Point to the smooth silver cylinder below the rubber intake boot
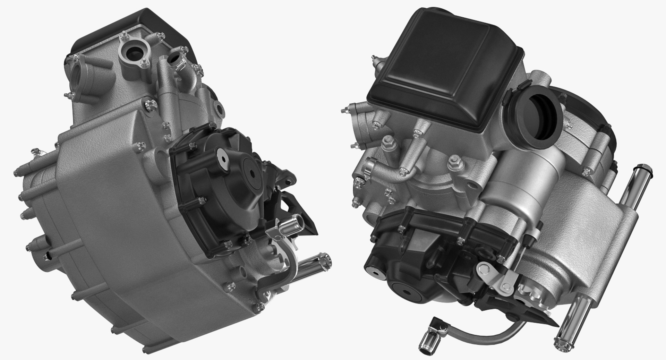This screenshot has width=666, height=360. tap(531, 180)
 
